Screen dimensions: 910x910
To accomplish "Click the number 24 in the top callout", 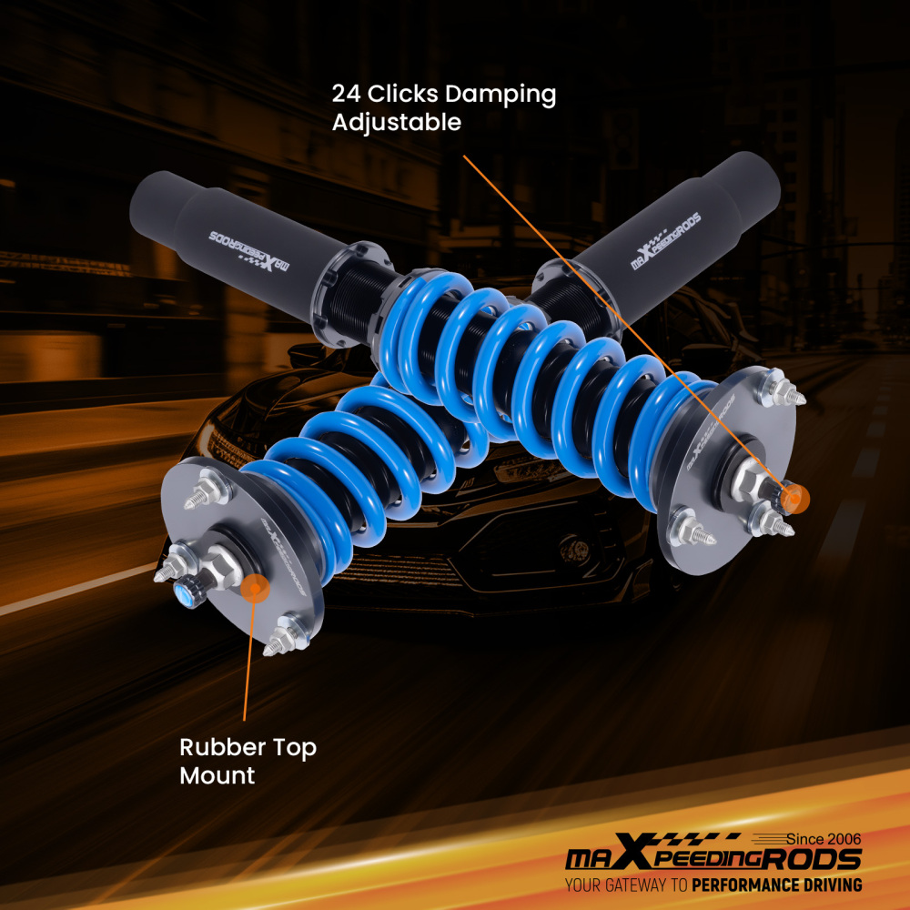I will tap(345, 94).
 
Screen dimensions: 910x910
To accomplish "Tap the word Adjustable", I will tap(397, 122).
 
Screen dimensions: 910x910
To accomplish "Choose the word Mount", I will tap(217, 776).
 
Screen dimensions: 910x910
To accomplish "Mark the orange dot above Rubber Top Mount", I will tap(256, 588).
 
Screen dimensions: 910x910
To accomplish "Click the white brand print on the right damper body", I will tap(665, 246).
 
